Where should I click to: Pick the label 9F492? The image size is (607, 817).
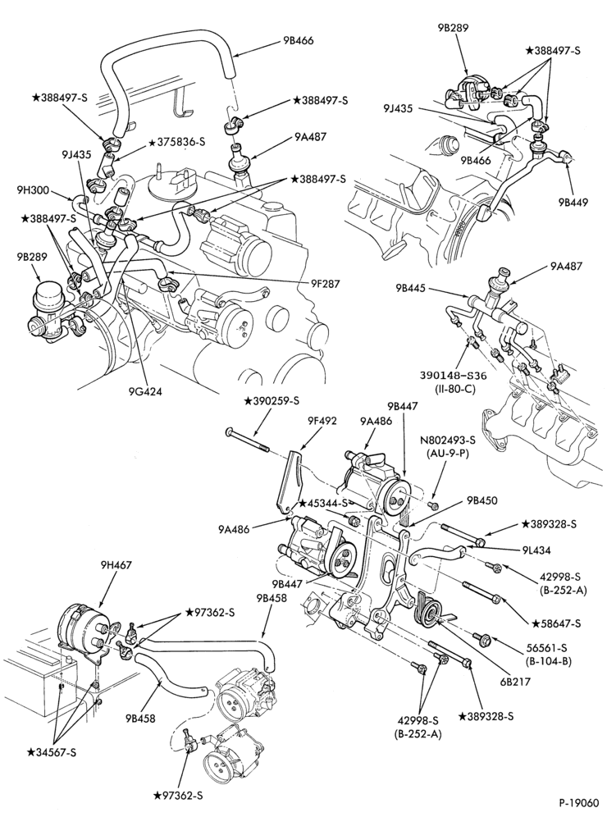[x=322, y=421]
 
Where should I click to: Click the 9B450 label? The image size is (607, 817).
[x=482, y=500]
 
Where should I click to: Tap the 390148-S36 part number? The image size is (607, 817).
[x=445, y=375]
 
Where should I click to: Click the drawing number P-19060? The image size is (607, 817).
[x=581, y=803]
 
